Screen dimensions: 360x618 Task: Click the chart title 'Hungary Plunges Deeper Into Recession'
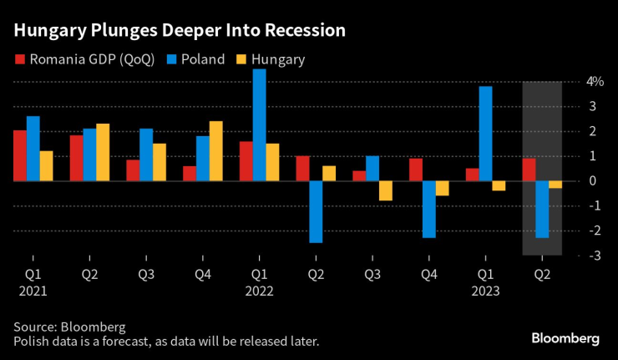(180, 31)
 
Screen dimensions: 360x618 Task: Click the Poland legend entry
(197, 59)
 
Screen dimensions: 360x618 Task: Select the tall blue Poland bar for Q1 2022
(259, 125)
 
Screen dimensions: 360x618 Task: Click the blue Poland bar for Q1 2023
(485, 134)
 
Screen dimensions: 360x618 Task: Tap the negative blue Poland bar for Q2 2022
(316, 211)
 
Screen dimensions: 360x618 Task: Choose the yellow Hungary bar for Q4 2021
(215, 151)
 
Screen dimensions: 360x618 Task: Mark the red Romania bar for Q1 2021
(19, 155)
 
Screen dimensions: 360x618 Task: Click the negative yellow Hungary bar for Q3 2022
(385, 190)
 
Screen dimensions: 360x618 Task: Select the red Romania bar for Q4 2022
(415, 170)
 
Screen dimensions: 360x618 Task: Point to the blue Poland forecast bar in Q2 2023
(542, 210)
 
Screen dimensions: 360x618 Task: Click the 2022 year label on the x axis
(259, 292)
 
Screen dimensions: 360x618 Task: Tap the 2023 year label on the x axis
(485, 292)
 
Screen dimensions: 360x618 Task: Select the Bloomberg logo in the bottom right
(565, 338)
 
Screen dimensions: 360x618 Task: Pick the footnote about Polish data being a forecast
(165, 342)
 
